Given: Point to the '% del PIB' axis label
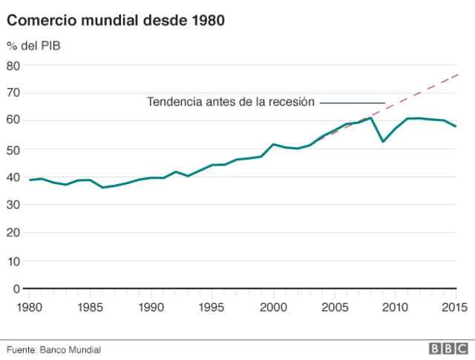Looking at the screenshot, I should [34, 46].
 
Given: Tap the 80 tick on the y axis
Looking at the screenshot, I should [13, 65].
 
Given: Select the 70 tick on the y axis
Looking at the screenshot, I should [13, 94].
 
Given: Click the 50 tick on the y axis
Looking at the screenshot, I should [13, 149].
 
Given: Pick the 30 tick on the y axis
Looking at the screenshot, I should [13, 205].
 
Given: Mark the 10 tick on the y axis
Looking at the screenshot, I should [13, 261].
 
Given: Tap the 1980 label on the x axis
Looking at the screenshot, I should [30, 306].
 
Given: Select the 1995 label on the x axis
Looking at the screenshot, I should [212, 306].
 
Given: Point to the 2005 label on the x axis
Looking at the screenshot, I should [334, 306].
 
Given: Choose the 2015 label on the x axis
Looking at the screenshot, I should [455, 306].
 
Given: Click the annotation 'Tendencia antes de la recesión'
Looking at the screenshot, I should [231, 102].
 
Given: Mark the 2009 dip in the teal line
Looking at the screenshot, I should [383, 141].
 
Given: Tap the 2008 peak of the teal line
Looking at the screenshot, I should [371, 117].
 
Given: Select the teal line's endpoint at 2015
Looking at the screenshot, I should [456, 126].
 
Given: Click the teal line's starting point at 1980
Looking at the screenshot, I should [30, 180].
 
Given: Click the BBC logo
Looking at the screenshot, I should [448, 349].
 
